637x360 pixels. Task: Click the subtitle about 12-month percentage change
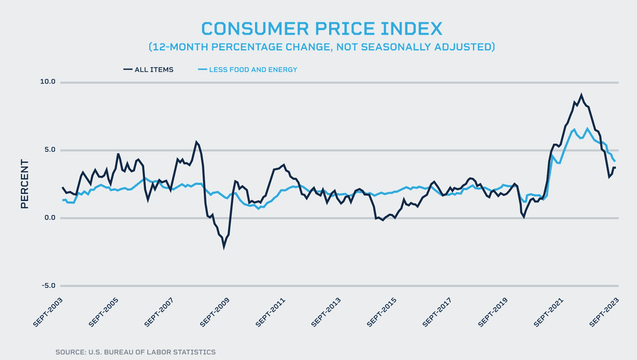(321, 47)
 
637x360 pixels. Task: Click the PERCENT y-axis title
(24, 184)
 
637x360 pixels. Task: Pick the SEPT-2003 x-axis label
(48, 312)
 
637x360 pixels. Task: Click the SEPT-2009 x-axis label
(215, 312)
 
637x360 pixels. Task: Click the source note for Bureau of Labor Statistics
(135, 352)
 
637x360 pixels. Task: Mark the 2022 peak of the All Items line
(581, 95)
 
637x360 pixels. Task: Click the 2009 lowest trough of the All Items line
(224, 247)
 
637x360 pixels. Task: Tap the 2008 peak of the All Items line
(196, 142)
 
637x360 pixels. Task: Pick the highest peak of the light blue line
(587, 128)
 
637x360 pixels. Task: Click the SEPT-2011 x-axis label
(270, 312)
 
